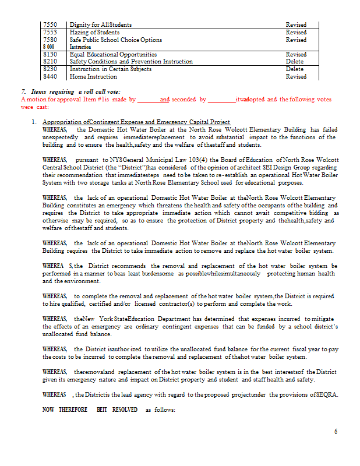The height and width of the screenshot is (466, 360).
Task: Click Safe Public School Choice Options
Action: [x=116, y=40]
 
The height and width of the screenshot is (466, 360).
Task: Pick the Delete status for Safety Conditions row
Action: [x=295, y=62]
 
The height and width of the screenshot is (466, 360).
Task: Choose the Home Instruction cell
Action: [x=93, y=76]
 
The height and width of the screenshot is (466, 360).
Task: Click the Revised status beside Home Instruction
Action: [x=296, y=76]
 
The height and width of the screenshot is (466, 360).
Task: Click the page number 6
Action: [x=336, y=432]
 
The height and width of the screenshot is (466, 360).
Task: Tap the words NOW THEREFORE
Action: [x=65, y=409]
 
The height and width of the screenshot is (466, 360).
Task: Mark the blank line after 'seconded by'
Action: [x=221, y=100]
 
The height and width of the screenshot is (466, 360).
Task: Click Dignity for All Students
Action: [x=101, y=25]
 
